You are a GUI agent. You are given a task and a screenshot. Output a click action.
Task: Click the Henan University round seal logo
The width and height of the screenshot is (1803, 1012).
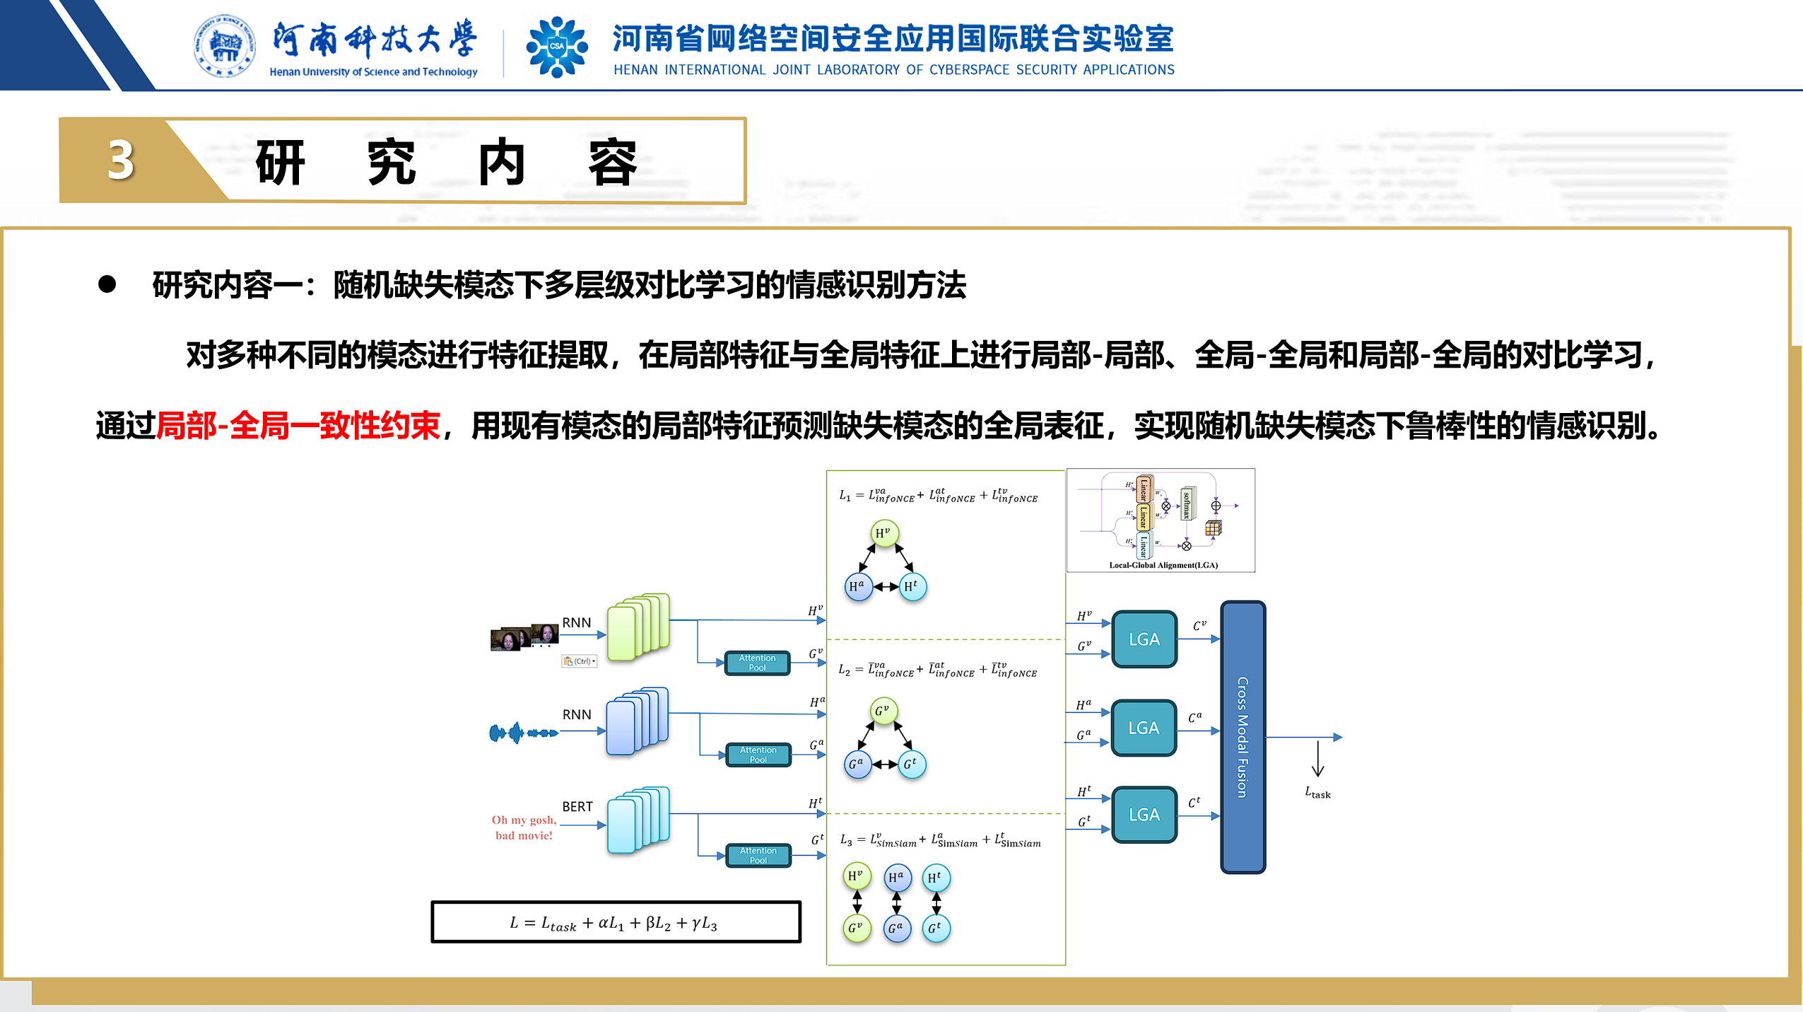coord(224,46)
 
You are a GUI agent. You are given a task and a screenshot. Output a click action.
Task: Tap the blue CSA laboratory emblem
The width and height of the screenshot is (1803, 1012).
coord(557,47)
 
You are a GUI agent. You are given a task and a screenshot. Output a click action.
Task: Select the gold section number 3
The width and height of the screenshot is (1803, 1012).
coord(121,160)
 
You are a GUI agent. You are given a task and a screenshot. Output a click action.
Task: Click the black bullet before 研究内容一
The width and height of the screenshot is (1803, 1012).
coord(107,284)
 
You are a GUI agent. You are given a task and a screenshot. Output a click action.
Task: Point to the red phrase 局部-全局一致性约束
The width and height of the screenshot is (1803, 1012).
coord(298,426)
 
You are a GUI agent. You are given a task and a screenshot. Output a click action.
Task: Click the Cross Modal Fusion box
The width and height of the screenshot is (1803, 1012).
coord(1243,737)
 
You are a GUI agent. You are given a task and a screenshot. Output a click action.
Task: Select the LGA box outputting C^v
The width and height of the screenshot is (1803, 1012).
coord(1144,639)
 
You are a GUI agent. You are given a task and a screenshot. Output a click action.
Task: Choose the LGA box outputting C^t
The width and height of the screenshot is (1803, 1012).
coord(1144,815)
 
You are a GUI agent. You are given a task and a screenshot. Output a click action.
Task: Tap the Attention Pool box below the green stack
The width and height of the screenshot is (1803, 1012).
coord(757,663)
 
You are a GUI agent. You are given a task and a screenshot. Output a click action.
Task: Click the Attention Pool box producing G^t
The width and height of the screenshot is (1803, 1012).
coord(758,855)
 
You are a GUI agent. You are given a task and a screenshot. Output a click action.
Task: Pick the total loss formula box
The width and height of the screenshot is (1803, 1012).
coord(616,922)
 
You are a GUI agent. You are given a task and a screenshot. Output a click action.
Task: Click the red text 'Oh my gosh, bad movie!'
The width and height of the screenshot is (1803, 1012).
coord(524,827)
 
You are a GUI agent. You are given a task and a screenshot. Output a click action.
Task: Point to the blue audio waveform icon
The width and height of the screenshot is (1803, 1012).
coord(523,733)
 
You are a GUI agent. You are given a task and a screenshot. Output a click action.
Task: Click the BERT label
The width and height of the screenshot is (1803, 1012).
coord(577,806)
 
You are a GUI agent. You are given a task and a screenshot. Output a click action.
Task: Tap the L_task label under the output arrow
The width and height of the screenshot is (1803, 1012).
coord(1317,793)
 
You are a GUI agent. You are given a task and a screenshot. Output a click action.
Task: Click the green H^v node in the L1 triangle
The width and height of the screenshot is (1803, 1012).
coord(883,533)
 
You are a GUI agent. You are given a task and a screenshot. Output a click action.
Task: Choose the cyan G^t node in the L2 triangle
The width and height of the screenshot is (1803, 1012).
coord(911,764)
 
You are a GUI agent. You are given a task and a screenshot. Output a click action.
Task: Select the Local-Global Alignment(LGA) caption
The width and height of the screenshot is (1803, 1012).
coord(1163,565)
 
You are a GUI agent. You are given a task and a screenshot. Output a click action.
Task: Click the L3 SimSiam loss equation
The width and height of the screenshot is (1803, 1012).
coord(940,840)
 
